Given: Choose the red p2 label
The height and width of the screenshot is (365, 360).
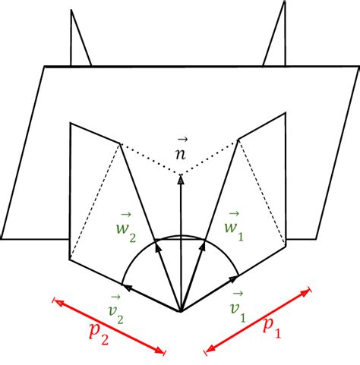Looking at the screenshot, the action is click(x=94, y=332).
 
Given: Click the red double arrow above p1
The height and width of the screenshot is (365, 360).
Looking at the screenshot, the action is click(x=257, y=319).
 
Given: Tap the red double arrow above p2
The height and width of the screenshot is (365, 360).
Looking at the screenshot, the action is click(x=109, y=327).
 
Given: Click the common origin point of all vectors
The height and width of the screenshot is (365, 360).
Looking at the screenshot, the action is click(x=181, y=311).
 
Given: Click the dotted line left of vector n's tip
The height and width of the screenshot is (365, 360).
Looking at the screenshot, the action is click(x=150, y=157).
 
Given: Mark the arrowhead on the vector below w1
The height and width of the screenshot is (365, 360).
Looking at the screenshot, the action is click(x=204, y=244).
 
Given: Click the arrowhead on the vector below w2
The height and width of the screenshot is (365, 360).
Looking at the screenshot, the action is click(x=157, y=244).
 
